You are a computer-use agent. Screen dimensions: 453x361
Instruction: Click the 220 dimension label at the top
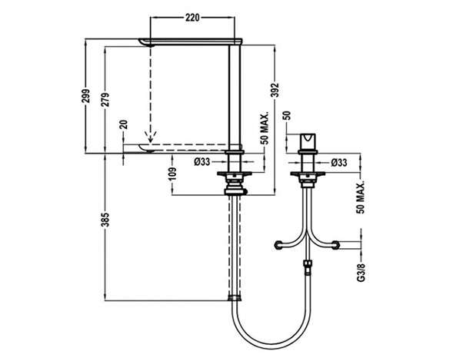(192, 18)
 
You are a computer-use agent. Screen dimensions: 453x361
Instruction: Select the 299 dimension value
(86, 96)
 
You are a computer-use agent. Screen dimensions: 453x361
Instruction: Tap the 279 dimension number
(105, 99)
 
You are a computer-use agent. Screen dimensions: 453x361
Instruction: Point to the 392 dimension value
(275, 90)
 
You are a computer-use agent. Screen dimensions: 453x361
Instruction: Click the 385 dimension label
(106, 220)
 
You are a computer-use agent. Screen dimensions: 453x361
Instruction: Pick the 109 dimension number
(172, 174)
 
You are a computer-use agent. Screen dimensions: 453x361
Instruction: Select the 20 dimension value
(124, 124)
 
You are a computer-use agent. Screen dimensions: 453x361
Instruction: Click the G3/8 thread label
(361, 273)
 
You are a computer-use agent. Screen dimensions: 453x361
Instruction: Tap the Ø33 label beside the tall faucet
(202, 162)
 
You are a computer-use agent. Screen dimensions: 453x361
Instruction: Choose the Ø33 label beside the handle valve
(339, 163)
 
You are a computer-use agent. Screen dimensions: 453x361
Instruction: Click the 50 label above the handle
(287, 116)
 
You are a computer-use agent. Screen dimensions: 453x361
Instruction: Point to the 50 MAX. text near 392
(265, 128)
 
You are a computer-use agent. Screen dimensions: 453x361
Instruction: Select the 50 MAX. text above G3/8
(361, 197)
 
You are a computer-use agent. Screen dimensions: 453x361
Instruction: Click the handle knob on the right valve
(308, 141)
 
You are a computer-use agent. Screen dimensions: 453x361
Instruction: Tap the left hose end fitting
(278, 245)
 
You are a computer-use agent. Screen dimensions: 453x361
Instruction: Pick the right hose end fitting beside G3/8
(335, 245)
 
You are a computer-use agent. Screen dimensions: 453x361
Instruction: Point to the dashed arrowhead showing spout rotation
(150, 137)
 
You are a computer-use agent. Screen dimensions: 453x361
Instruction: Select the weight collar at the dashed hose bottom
(235, 298)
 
